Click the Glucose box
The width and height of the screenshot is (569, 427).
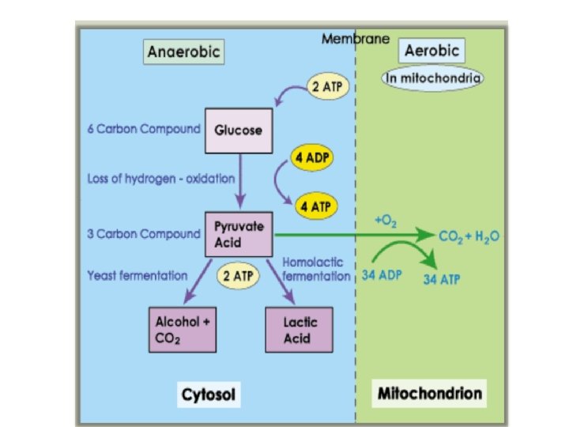coord(239,129)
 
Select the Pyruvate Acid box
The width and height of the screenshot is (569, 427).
coord(239,234)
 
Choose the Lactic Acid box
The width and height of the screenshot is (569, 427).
coord(296,331)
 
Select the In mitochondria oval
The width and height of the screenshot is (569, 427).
coord(433,78)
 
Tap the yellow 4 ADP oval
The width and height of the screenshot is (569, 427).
coord(311,157)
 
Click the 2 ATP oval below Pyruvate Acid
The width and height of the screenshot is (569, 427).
coord(238,276)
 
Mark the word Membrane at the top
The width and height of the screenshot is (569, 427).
coord(356,39)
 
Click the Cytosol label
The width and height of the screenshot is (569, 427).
coord(210,393)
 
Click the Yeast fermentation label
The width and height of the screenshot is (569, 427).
coord(137,276)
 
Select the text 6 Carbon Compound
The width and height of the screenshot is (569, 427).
coord(142,129)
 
